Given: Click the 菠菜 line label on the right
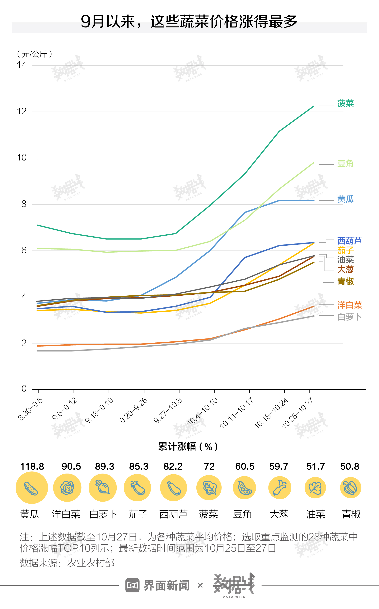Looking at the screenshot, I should tap(345, 103).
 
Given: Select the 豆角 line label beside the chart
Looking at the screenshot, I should tap(345, 164).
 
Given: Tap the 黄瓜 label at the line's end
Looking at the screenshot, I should tap(345, 199).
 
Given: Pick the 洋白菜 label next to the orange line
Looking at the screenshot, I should tap(349, 305).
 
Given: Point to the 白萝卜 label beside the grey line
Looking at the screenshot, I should tap(349, 317).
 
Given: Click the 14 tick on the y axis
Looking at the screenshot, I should tap(22, 65).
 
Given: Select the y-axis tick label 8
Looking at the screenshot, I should tap(24, 204).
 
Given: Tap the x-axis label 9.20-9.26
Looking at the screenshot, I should tap(133, 410).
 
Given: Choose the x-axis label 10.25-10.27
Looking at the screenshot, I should tap(297, 413).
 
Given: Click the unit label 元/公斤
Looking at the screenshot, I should tap(34, 54).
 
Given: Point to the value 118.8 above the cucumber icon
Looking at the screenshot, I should tap(32, 467).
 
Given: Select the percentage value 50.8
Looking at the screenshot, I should tap(350, 467).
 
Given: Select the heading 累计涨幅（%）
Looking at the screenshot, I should tap(188, 446).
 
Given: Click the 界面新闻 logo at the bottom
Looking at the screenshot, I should tap(158, 586).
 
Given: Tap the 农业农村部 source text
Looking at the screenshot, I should tap(91, 563).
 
